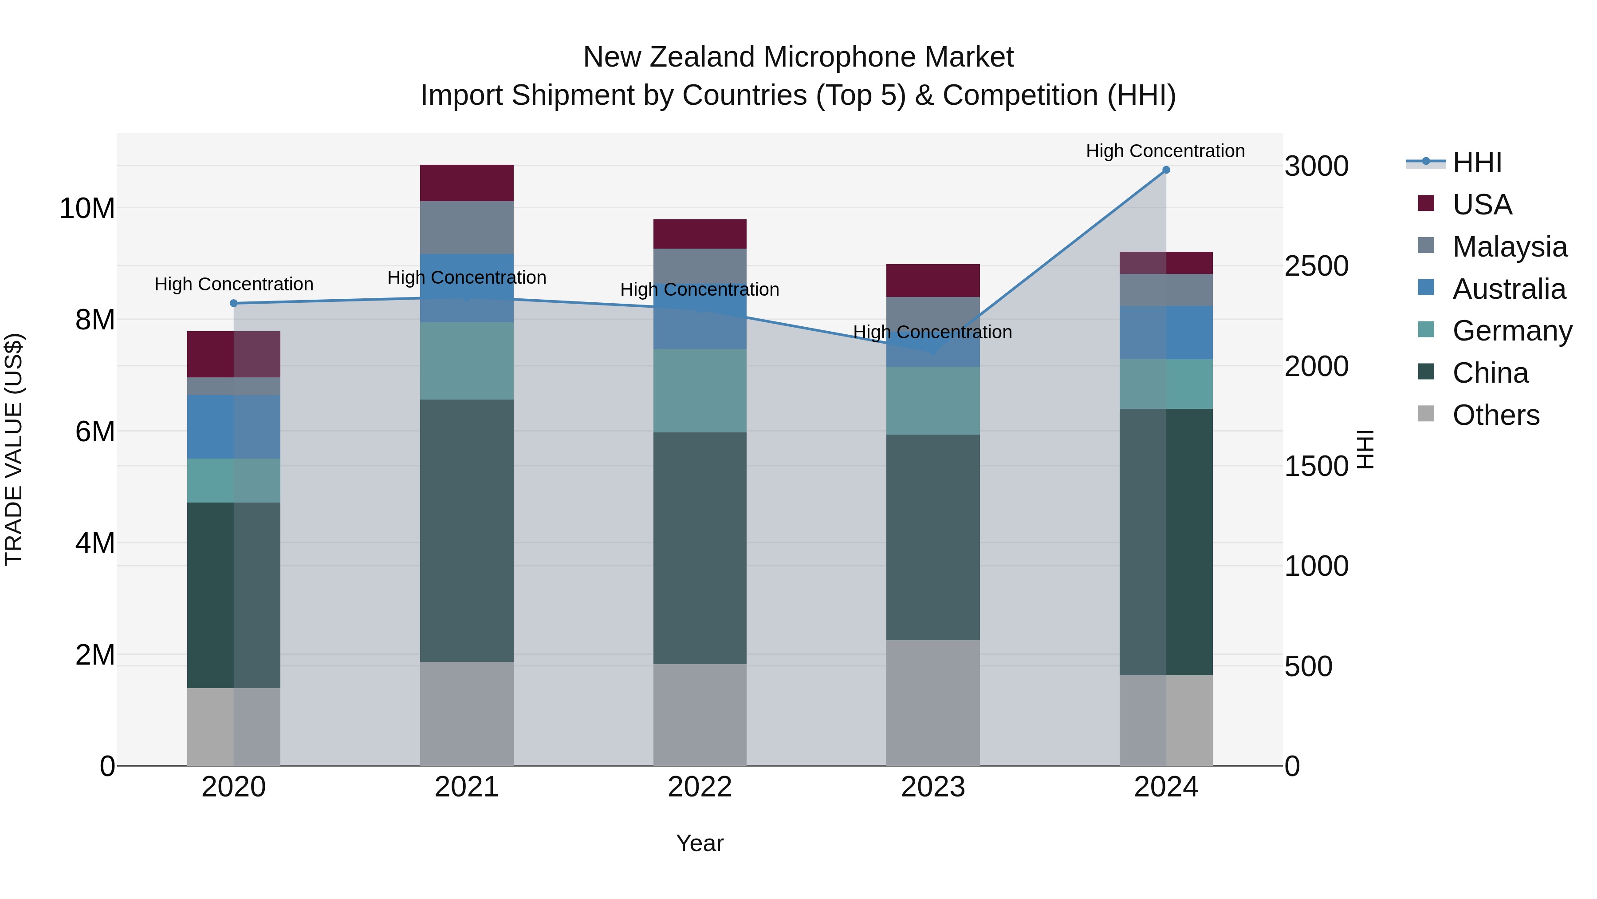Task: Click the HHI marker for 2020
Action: (234, 303)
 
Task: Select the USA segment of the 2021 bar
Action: (467, 183)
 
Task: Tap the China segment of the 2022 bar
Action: (700, 548)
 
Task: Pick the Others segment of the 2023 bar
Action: (932, 702)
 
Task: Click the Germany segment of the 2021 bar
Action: (467, 361)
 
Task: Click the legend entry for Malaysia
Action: (1509, 247)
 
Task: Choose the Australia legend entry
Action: (1508, 289)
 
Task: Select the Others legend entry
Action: (1495, 415)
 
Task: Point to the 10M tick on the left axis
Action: (87, 209)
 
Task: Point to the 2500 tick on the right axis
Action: (1316, 266)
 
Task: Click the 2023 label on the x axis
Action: (932, 787)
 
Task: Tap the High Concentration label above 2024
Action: (1165, 151)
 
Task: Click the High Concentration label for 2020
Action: (234, 284)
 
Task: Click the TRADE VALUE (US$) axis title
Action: (14, 449)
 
